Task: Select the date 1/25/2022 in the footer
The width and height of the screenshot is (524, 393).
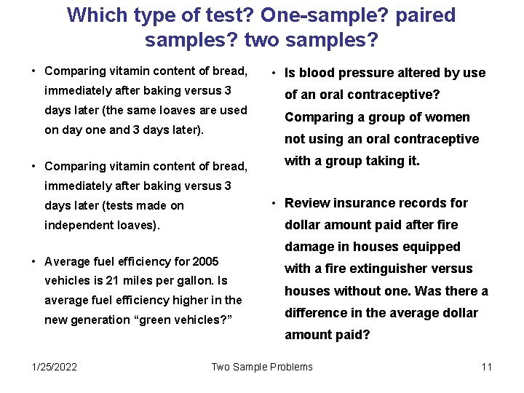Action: (55, 367)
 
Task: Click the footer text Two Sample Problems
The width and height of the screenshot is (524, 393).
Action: (262, 367)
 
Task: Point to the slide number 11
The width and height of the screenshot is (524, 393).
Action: (486, 367)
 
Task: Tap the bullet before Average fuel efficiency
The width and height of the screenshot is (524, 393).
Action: (33, 261)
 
